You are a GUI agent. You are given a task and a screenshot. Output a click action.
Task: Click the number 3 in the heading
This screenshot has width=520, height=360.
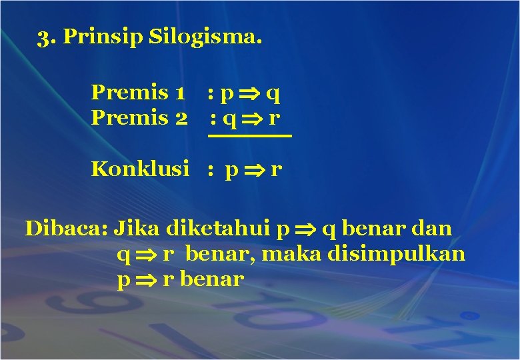[44, 37]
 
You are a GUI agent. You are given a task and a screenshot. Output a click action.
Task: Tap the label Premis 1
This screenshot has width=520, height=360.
[138, 91]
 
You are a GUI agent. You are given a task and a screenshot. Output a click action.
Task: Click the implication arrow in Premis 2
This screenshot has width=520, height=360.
[252, 119]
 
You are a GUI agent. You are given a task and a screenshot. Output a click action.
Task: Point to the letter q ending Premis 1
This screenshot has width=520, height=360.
[272, 94]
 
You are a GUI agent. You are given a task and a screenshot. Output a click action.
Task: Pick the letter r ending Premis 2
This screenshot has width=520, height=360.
[273, 119]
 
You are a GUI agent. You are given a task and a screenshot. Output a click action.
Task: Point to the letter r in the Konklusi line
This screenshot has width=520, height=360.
[276, 170]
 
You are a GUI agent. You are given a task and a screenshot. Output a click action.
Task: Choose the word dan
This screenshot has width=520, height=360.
[432, 228]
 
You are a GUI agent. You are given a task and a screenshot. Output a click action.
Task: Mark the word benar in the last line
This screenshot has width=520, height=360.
[211, 279]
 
